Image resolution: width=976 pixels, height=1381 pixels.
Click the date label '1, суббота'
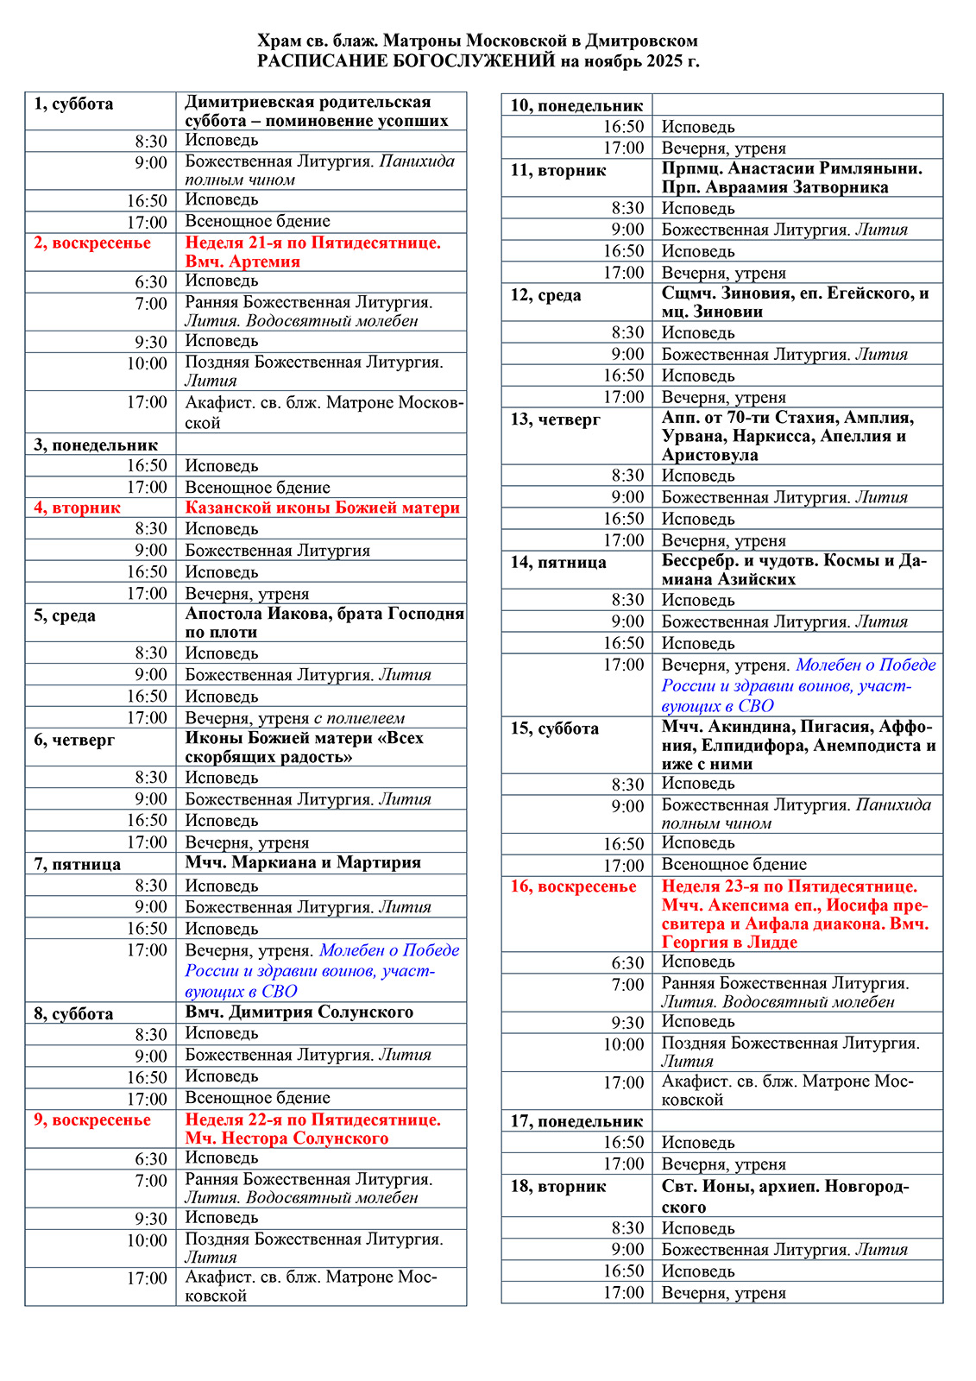[73, 104]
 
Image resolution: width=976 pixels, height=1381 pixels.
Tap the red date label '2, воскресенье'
[92, 243]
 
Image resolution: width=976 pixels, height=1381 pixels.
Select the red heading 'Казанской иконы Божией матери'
[323, 508]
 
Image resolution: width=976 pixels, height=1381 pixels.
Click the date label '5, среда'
[65, 616]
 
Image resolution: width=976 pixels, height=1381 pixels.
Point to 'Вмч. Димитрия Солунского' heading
[299, 1012]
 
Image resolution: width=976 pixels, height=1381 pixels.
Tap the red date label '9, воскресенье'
[92, 1120]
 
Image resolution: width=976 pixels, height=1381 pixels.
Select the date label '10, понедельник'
[576, 106]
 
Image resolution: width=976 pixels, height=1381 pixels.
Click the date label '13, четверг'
[555, 420]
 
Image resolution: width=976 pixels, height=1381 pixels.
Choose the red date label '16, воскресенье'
[573, 887]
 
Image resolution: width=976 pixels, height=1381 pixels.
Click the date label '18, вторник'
[558, 1187]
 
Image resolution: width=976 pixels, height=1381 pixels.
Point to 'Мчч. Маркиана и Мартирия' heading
[303, 862]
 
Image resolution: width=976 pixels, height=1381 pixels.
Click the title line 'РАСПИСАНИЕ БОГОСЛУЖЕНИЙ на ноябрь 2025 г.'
[478, 61]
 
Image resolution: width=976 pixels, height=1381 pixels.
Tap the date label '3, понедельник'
[96, 445]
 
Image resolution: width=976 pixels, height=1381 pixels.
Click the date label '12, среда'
[545, 295]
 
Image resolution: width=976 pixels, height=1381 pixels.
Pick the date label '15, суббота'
[554, 728]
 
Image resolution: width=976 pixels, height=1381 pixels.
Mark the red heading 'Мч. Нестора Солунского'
[287, 1138]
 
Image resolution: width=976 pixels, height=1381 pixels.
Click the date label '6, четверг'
[74, 741]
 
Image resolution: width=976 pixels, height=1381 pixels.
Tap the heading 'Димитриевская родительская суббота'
[308, 103]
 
